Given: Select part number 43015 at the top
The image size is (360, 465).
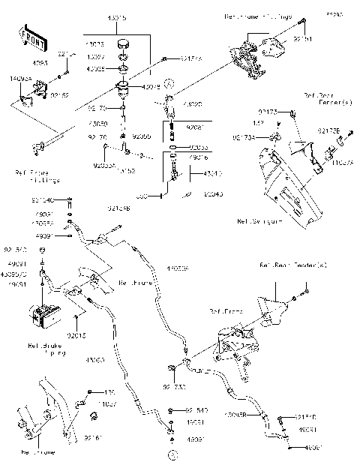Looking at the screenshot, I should (x=117, y=16).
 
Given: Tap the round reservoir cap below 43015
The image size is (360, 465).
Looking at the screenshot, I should (x=121, y=42).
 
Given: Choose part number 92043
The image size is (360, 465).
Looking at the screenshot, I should (x=212, y=193).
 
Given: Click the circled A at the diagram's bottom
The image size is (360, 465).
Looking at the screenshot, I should (x=173, y=455).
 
